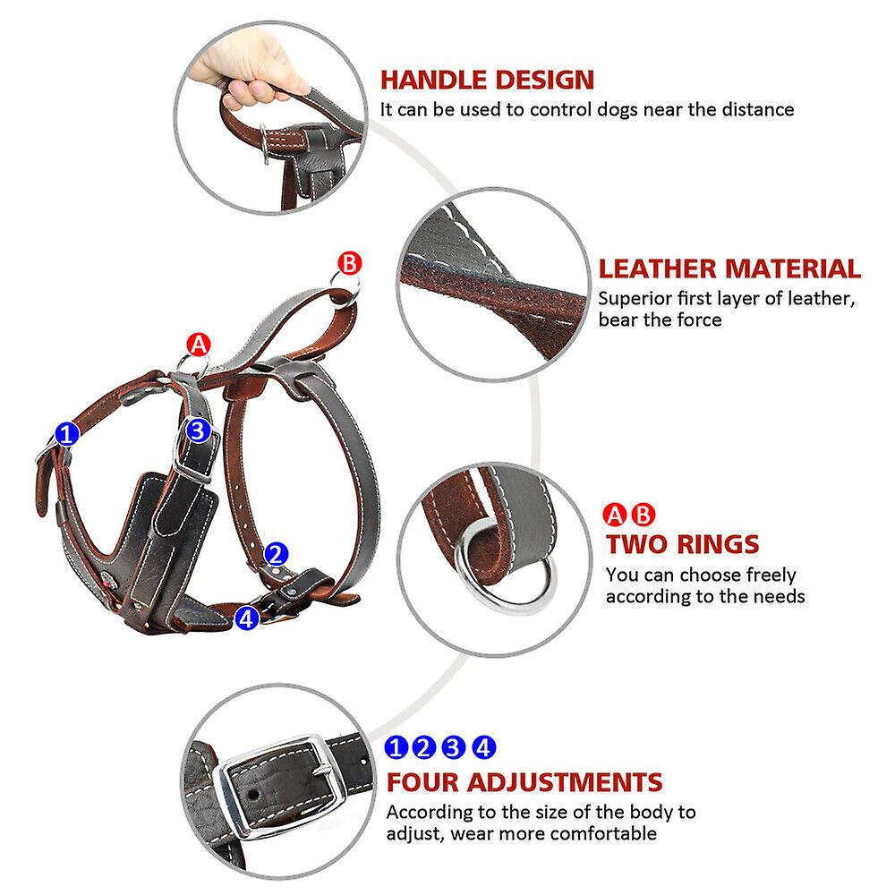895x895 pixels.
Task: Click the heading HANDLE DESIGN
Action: [x=487, y=79]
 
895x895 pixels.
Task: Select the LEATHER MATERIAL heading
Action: [x=729, y=268]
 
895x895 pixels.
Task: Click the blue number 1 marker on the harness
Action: [x=67, y=435]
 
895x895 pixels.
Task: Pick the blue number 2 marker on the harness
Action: [x=277, y=553]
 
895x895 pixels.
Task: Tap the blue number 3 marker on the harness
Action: [x=198, y=430]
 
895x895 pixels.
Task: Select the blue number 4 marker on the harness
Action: [x=247, y=617]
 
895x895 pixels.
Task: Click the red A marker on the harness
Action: [x=198, y=345]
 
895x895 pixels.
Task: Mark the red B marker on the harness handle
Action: [x=349, y=263]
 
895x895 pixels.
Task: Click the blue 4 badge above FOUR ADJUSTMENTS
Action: [x=484, y=746]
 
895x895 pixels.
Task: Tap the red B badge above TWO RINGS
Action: [x=644, y=515]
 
